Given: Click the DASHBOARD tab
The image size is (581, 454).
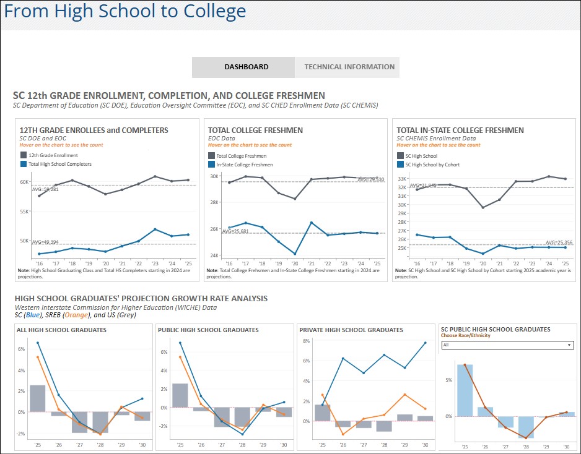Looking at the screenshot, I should click(x=246, y=67).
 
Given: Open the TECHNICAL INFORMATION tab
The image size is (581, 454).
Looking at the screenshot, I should click(x=349, y=67).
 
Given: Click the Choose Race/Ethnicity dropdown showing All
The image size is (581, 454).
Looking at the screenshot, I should click(x=507, y=345).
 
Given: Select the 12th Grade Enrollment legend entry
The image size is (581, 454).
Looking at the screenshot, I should click(x=53, y=155).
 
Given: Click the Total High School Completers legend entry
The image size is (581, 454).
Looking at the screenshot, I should click(x=59, y=164).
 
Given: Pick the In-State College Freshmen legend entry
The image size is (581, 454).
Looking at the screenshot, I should click(x=244, y=165).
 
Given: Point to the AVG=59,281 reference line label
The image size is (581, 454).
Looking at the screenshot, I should click(x=45, y=189).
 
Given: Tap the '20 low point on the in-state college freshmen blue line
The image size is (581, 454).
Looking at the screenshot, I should click(x=295, y=254).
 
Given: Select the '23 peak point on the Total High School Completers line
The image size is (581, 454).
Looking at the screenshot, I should click(x=155, y=229).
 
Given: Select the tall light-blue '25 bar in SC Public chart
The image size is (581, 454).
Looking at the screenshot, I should click(x=465, y=390).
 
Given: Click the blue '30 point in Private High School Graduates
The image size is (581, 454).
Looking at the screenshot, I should click(x=425, y=343).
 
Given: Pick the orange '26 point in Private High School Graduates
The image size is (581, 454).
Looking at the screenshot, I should click(x=343, y=434).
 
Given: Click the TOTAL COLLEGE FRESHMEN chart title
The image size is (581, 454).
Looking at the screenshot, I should click(x=255, y=130).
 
